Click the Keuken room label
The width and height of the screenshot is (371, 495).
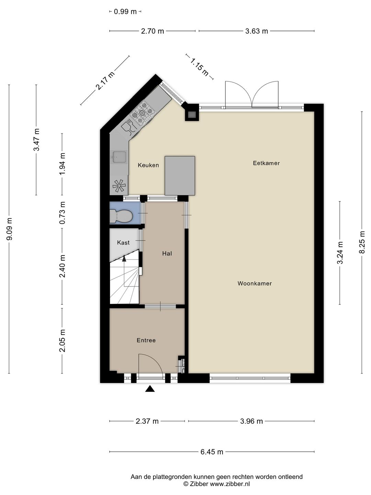[148, 165]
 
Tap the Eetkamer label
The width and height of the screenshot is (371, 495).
[266, 163]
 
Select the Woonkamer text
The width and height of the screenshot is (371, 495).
[255, 284]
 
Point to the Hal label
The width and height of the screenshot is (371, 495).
[167, 254]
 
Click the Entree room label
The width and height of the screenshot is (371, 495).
[146, 340]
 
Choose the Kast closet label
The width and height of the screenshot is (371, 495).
[123, 243]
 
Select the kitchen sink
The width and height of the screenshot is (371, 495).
[119, 157]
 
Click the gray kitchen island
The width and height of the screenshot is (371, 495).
[180, 176]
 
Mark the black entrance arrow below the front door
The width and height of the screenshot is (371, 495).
[150, 389]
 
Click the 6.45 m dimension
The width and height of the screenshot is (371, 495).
[212, 452]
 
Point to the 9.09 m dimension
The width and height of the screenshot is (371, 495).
[9, 229]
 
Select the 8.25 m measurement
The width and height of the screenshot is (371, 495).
[362, 242]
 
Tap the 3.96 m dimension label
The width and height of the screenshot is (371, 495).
[251, 421]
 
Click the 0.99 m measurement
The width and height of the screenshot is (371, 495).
[125, 12]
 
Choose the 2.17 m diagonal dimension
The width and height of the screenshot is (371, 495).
[105, 81]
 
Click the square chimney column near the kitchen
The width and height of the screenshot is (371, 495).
[192, 114]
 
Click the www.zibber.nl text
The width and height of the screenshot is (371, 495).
[230, 484]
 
